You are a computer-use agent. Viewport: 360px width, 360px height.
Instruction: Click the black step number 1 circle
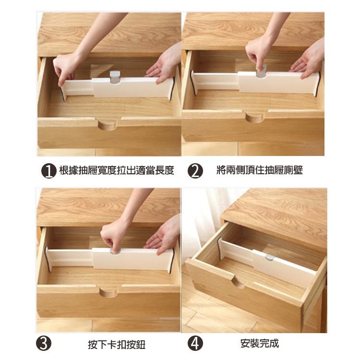point(48,171)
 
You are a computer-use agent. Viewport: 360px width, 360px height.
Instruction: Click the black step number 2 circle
point(195,171)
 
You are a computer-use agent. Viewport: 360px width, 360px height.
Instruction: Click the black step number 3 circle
point(44,343)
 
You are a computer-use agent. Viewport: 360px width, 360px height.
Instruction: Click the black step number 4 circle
point(195,343)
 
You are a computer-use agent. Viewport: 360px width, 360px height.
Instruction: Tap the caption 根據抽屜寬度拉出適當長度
point(117,170)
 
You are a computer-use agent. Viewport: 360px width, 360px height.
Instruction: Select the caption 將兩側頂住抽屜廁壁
point(260,170)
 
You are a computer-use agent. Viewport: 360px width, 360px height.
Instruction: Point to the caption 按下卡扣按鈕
point(117,344)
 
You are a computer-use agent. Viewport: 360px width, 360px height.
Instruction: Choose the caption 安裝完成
point(260,344)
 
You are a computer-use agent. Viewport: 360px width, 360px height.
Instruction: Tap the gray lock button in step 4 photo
point(270,257)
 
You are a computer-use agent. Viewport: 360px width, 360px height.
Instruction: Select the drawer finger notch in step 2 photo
point(254,117)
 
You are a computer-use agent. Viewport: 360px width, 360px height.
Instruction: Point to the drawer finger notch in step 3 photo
point(108,292)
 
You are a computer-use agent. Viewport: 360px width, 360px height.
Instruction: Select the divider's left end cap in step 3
point(48,259)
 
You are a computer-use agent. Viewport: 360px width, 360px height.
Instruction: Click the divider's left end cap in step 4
point(220,249)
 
